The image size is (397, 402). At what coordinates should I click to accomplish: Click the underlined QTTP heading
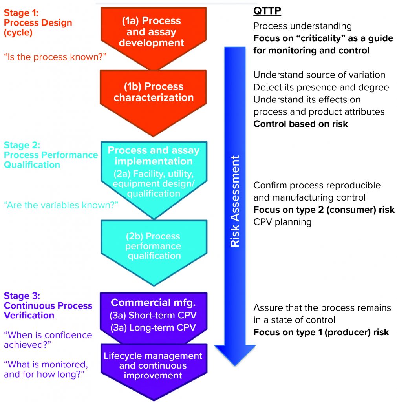point(267,11)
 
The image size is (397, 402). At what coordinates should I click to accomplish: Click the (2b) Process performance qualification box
point(153,246)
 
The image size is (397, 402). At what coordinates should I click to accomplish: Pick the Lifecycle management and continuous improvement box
point(153,365)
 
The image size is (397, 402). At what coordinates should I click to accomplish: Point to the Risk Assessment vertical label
point(234,201)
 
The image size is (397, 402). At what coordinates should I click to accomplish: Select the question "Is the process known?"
point(56,57)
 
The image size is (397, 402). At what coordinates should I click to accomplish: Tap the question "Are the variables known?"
point(61,205)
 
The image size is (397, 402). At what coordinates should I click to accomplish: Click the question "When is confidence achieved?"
point(48,340)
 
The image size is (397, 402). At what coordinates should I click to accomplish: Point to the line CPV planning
point(282,222)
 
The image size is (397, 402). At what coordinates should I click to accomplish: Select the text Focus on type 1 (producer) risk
point(321,332)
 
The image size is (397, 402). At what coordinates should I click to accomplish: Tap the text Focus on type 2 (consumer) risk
point(324,210)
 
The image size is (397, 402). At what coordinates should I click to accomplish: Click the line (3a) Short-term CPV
point(153,315)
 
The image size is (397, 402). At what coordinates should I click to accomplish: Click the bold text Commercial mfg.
point(153,303)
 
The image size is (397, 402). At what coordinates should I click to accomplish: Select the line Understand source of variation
point(319,75)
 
